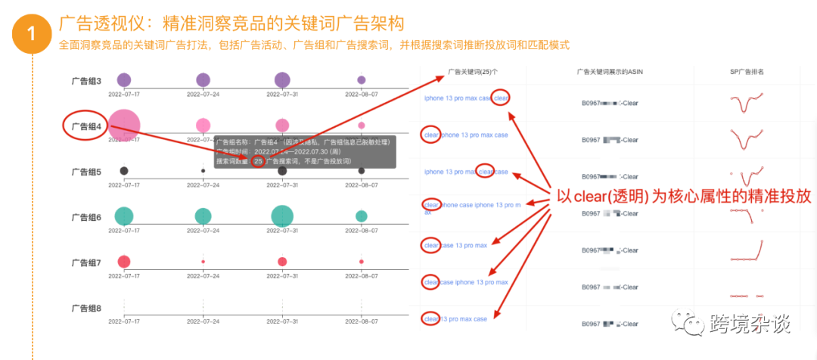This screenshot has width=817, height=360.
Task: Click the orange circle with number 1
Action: pyautogui.click(x=31, y=33)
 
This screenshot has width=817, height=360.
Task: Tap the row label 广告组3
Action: pyautogui.click(x=85, y=80)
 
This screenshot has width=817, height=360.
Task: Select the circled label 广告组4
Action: pyautogui.click(x=85, y=126)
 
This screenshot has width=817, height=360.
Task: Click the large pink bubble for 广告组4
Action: pyautogui.click(x=124, y=125)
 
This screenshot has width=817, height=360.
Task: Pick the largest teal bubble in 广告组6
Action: pyautogui.click(x=282, y=216)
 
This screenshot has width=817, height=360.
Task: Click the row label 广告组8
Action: pyautogui.click(x=85, y=308)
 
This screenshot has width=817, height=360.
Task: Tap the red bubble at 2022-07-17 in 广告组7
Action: pyautogui.click(x=124, y=262)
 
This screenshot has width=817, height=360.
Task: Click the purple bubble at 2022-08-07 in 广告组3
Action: pyautogui.click(x=362, y=80)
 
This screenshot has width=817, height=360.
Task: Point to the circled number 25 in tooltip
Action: pyautogui.click(x=259, y=160)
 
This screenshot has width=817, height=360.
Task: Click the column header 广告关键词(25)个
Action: pyautogui.click(x=473, y=72)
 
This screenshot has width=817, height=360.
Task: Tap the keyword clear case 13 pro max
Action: pyautogui.click(x=455, y=245)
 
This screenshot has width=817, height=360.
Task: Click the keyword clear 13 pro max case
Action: pyautogui.click(x=455, y=319)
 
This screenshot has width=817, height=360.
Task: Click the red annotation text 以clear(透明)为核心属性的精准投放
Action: pyautogui.click(x=683, y=195)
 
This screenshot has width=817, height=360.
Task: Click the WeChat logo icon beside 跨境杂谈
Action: pyautogui.click(x=690, y=324)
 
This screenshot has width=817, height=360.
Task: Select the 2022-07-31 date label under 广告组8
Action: pyautogui.click(x=282, y=321)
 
